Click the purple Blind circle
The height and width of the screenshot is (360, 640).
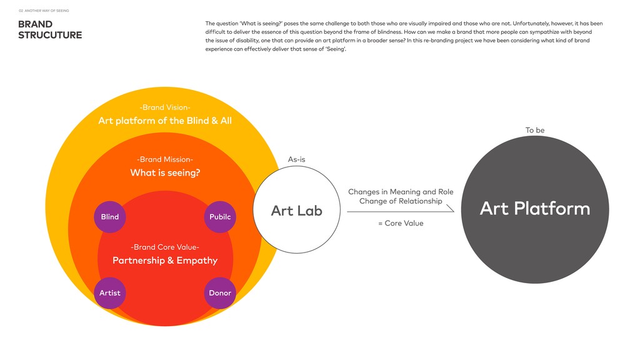110,217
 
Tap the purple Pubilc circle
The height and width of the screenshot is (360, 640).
219,217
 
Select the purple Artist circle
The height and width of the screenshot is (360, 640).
110,292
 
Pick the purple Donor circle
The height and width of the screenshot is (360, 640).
219,292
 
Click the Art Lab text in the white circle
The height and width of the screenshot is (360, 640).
296,211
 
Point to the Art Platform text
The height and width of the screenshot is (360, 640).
534,209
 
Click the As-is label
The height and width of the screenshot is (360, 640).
296,159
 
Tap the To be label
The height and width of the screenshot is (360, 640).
535,130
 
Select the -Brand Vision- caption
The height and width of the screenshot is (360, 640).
165,107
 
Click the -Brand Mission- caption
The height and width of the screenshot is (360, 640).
165,159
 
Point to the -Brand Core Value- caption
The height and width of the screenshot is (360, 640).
165,247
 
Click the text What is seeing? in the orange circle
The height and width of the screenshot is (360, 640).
165,172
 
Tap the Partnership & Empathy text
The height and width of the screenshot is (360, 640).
165,261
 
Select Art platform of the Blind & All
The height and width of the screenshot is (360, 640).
165,121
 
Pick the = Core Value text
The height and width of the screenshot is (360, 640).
401,223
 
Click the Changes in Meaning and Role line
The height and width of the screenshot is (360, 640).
401,192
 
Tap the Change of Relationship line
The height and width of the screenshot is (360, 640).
401,201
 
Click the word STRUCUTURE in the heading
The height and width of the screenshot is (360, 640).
50,36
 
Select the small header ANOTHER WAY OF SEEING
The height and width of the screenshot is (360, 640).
47,11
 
